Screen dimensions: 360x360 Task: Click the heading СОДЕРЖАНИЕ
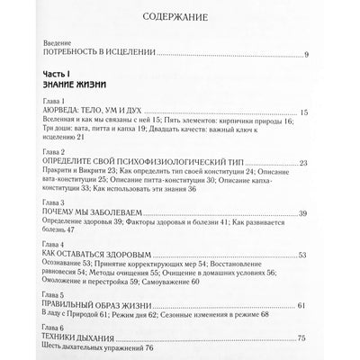click(x=180, y=16)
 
